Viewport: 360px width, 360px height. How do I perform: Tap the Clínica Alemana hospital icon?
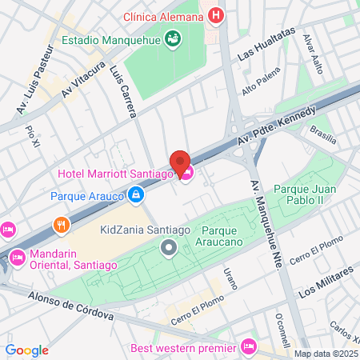(x=214, y=15)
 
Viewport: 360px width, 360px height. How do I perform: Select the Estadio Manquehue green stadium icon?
(x=171, y=38)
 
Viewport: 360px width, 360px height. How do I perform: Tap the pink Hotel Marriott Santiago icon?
(x=186, y=173)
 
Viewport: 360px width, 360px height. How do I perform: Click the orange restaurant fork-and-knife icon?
(x=60, y=225)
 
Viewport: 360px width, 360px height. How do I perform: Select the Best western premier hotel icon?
(x=248, y=347)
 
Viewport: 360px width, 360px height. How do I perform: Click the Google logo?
(x=26, y=350)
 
